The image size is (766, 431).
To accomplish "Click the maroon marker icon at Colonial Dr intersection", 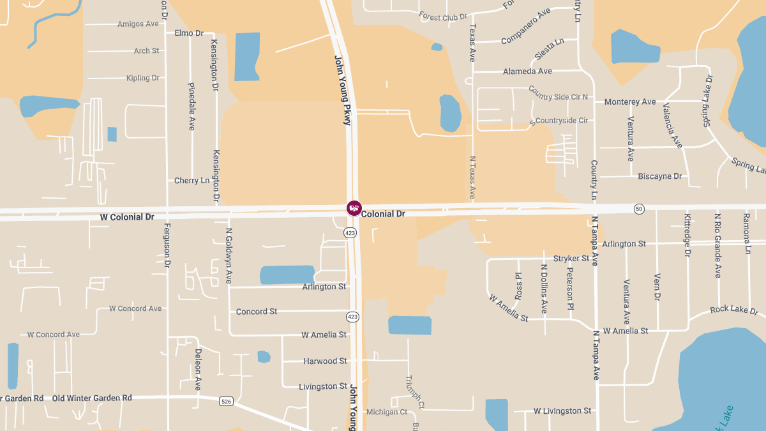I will click(x=354, y=208).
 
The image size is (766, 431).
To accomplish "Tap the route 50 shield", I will click(x=639, y=209).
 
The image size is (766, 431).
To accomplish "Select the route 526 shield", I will click(x=226, y=401).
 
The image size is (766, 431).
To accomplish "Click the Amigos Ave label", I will click(x=138, y=24).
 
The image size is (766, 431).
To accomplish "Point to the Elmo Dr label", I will click(x=188, y=33).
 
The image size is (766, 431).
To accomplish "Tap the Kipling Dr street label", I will click(x=143, y=78).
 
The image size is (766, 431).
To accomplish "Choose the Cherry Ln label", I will click(x=191, y=181).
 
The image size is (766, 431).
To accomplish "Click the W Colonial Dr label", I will click(x=127, y=217).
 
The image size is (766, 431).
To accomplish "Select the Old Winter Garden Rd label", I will click(x=92, y=398).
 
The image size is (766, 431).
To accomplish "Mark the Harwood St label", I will click(x=325, y=361).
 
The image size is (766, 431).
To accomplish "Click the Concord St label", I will click(x=257, y=312).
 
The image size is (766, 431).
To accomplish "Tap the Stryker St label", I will click(x=571, y=259).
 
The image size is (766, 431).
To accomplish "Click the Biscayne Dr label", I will click(x=660, y=176).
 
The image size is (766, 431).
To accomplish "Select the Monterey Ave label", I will click(x=630, y=102).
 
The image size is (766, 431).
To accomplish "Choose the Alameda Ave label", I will click(x=527, y=72).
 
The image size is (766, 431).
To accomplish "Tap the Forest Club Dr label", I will click(x=443, y=17).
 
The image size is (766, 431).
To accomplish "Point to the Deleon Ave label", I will click(x=198, y=370).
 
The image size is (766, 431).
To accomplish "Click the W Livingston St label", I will click(x=562, y=411).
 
